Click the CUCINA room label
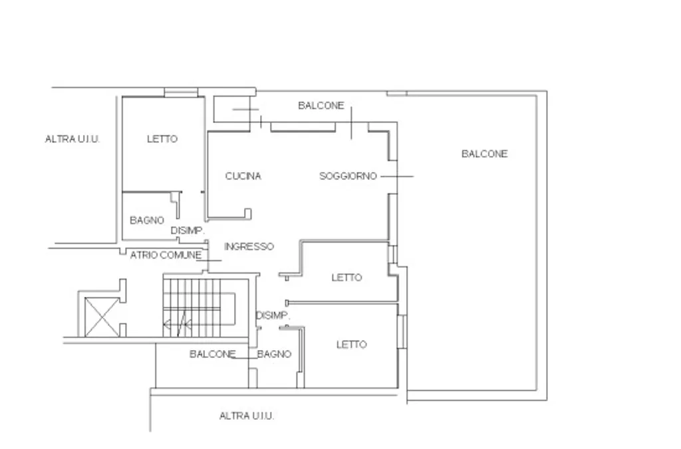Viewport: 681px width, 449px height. click(x=243, y=176)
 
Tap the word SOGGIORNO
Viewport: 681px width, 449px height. click(x=348, y=176)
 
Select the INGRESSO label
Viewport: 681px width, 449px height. click(x=249, y=246)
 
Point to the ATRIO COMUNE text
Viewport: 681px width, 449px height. click(x=166, y=255)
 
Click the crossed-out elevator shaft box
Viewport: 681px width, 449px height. click(x=102, y=317)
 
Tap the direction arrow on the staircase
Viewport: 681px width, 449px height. click(x=178, y=324)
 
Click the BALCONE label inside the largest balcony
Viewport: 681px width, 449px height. click(x=484, y=154)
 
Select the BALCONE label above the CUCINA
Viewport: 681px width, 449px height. click(x=321, y=106)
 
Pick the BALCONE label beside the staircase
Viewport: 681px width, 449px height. click(x=212, y=354)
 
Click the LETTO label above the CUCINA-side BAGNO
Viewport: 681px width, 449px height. click(x=162, y=139)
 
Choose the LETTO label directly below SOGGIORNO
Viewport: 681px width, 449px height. click(x=346, y=277)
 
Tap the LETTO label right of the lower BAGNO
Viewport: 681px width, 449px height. click(x=351, y=345)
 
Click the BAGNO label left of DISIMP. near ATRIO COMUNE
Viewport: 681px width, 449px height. click(x=147, y=221)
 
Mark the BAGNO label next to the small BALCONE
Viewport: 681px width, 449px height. click(x=274, y=354)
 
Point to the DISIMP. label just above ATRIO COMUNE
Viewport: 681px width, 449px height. click(x=187, y=230)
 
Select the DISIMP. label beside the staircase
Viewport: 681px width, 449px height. click(x=273, y=315)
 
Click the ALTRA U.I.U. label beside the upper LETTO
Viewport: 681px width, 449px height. click(x=72, y=139)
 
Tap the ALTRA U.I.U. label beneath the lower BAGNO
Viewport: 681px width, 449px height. click(x=247, y=416)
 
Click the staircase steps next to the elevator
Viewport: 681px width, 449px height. click(x=192, y=308)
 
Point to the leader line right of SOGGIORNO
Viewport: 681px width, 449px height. click(x=397, y=176)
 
